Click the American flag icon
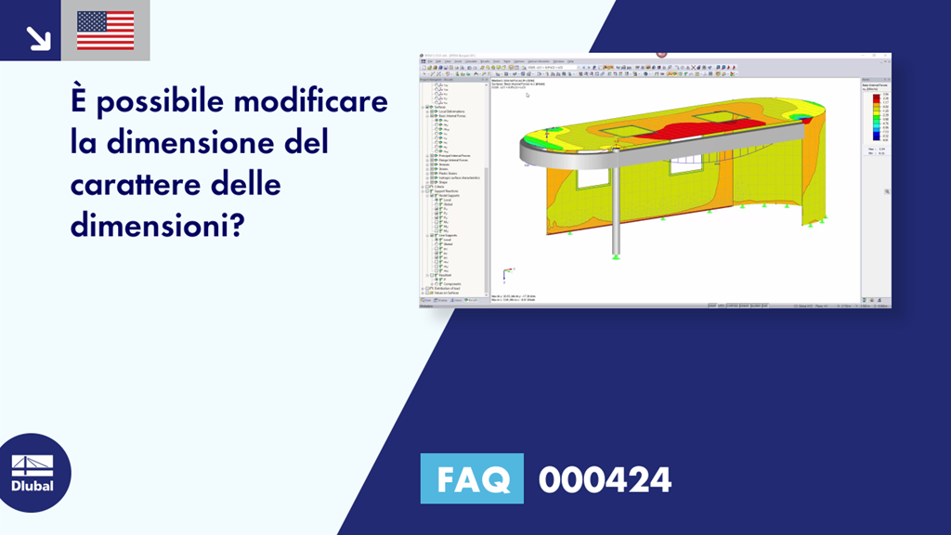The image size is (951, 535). (x=105, y=31)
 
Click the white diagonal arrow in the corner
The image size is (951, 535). (x=38, y=37)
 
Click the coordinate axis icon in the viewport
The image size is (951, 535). (x=503, y=274)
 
